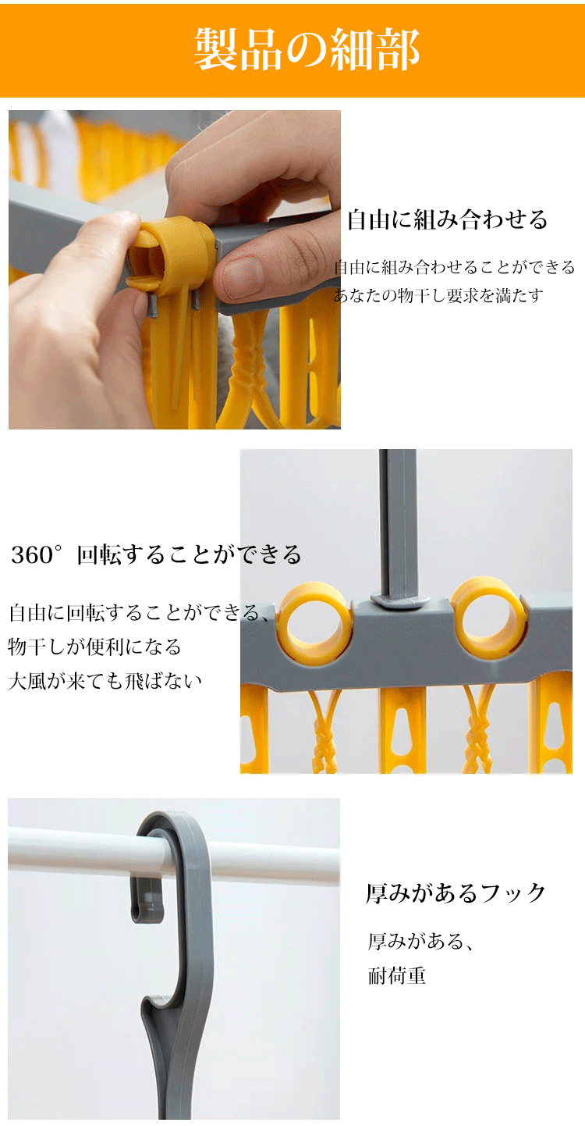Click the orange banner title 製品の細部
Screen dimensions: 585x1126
(307, 49)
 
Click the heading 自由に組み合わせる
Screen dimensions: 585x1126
(448, 219)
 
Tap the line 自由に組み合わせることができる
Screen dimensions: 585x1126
(455, 267)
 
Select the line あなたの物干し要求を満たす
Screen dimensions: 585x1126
(438, 296)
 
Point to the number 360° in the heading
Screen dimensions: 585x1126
(37, 554)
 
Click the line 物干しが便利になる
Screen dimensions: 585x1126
(94, 647)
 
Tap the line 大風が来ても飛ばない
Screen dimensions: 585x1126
(105, 681)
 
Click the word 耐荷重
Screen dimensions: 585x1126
(397, 976)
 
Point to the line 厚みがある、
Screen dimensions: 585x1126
(420, 941)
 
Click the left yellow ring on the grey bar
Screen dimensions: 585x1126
(314, 620)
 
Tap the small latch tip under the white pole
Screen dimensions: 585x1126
(147, 910)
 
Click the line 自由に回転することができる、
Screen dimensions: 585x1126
(139, 612)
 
